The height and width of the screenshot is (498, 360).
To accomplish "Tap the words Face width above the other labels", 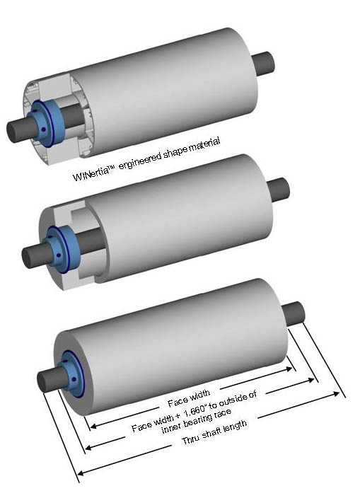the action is click(x=189, y=398).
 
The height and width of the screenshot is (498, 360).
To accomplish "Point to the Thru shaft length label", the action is click(x=214, y=432).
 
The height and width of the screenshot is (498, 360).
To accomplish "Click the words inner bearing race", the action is click(x=196, y=422).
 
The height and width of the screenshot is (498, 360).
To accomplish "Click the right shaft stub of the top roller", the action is click(x=263, y=64).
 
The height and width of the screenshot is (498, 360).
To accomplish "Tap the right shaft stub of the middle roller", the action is click(x=278, y=190).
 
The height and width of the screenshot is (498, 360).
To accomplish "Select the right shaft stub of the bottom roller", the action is click(x=294, y=314).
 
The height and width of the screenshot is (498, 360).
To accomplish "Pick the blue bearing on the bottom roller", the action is click(x=73, y=373).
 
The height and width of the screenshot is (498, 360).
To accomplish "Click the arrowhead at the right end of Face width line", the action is click(x=289, y=369).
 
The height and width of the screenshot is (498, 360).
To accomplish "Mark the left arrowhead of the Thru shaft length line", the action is click(x=81, y=473).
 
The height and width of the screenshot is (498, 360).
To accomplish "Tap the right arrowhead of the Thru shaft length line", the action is click(x=336, y=394).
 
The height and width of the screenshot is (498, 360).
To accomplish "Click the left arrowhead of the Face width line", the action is click(x=93, y=426).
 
